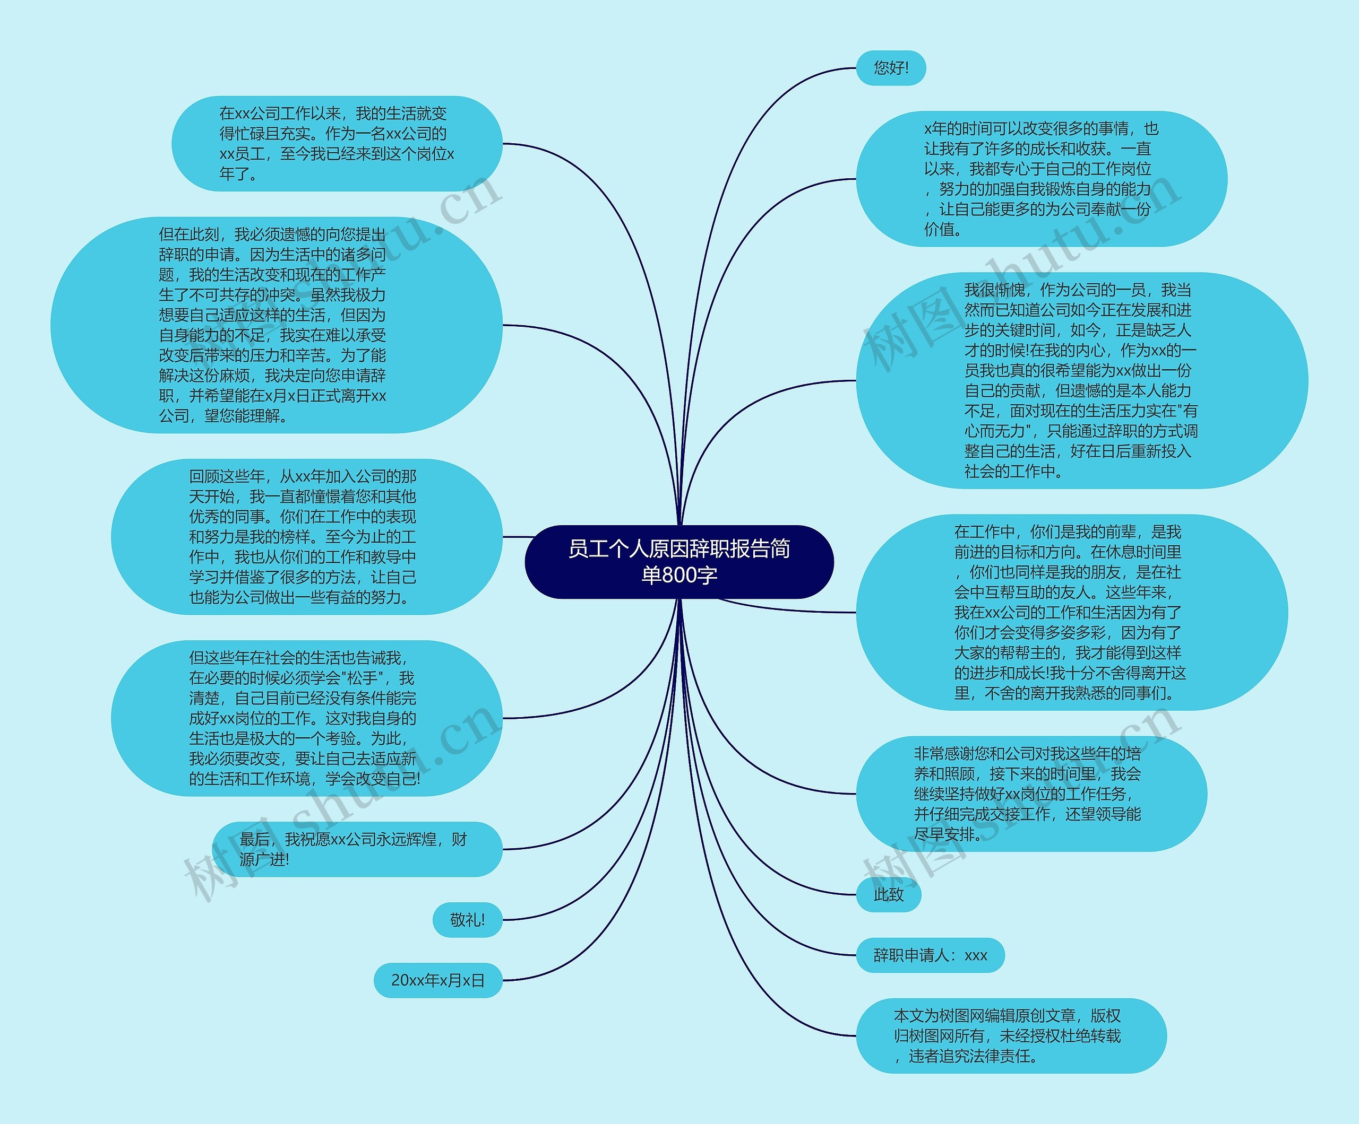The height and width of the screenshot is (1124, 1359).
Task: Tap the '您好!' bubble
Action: tap(890, 68)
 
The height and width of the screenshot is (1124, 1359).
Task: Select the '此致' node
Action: tap(888, 894)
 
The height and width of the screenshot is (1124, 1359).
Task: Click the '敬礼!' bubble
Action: tap(467, 920)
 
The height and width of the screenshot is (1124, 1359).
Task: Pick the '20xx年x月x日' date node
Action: tap(437, 980)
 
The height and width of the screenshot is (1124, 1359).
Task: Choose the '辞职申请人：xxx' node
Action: tap(930, 955)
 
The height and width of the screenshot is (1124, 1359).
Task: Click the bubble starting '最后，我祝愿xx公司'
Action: tap(357, 849)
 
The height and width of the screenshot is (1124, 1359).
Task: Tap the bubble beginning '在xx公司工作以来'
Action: tap(337, 144)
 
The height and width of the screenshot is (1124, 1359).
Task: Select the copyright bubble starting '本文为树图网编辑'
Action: tap(1011, 1035)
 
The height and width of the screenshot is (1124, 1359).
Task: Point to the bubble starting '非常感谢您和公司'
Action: tap(1030, 794)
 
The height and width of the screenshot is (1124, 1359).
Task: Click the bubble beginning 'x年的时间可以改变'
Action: tap(1040, 179)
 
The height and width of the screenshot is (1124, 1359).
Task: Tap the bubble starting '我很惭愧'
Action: tap(1081, 380)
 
